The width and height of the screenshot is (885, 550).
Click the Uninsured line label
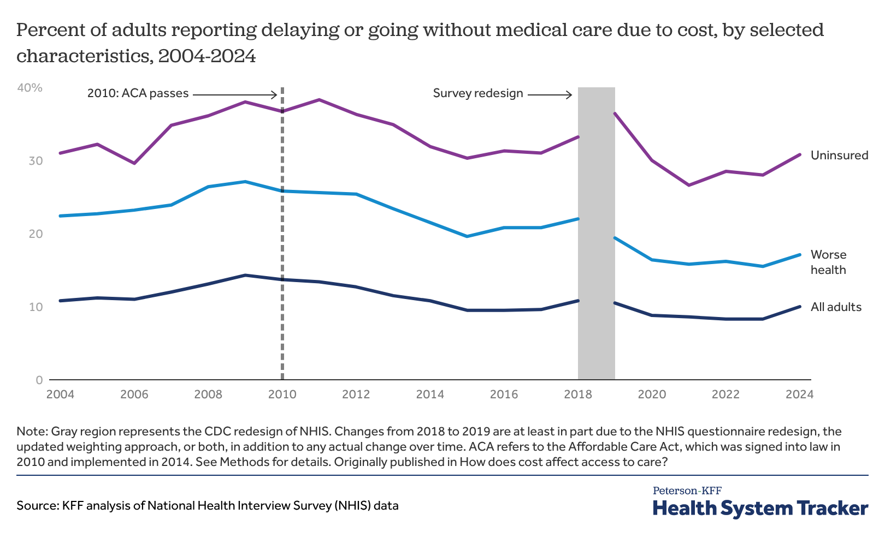click(x=839, y=156)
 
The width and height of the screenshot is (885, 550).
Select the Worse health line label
click(x=828, y=262)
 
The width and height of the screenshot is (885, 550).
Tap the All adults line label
click(x=836, y=307)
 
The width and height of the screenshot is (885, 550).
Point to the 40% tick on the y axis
click(x=29, y=88)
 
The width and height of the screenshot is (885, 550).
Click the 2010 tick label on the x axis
click(x=282, y=394)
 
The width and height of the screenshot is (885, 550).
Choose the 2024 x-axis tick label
click(x=799, y=394)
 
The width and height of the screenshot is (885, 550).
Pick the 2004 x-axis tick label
click(x=60, y=394)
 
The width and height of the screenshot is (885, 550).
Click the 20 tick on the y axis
click(x=36, y=234)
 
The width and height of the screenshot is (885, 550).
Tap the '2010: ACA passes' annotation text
click(x=138, y=93)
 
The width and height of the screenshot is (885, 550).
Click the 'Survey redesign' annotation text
click(x=478, y=93)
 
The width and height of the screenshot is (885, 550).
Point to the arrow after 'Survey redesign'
click(x=549, y=95)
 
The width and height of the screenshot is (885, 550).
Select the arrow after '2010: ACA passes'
click(x=235, y=95)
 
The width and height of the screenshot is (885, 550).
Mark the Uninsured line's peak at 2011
click(x=319, y=100)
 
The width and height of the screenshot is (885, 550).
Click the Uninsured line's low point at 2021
click(x=688, y=186)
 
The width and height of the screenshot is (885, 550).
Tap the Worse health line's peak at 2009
click(x=245, y=182)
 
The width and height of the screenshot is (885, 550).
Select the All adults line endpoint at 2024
click(x=800, y=307)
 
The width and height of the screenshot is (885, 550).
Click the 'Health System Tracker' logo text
click(x=760, y=509)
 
